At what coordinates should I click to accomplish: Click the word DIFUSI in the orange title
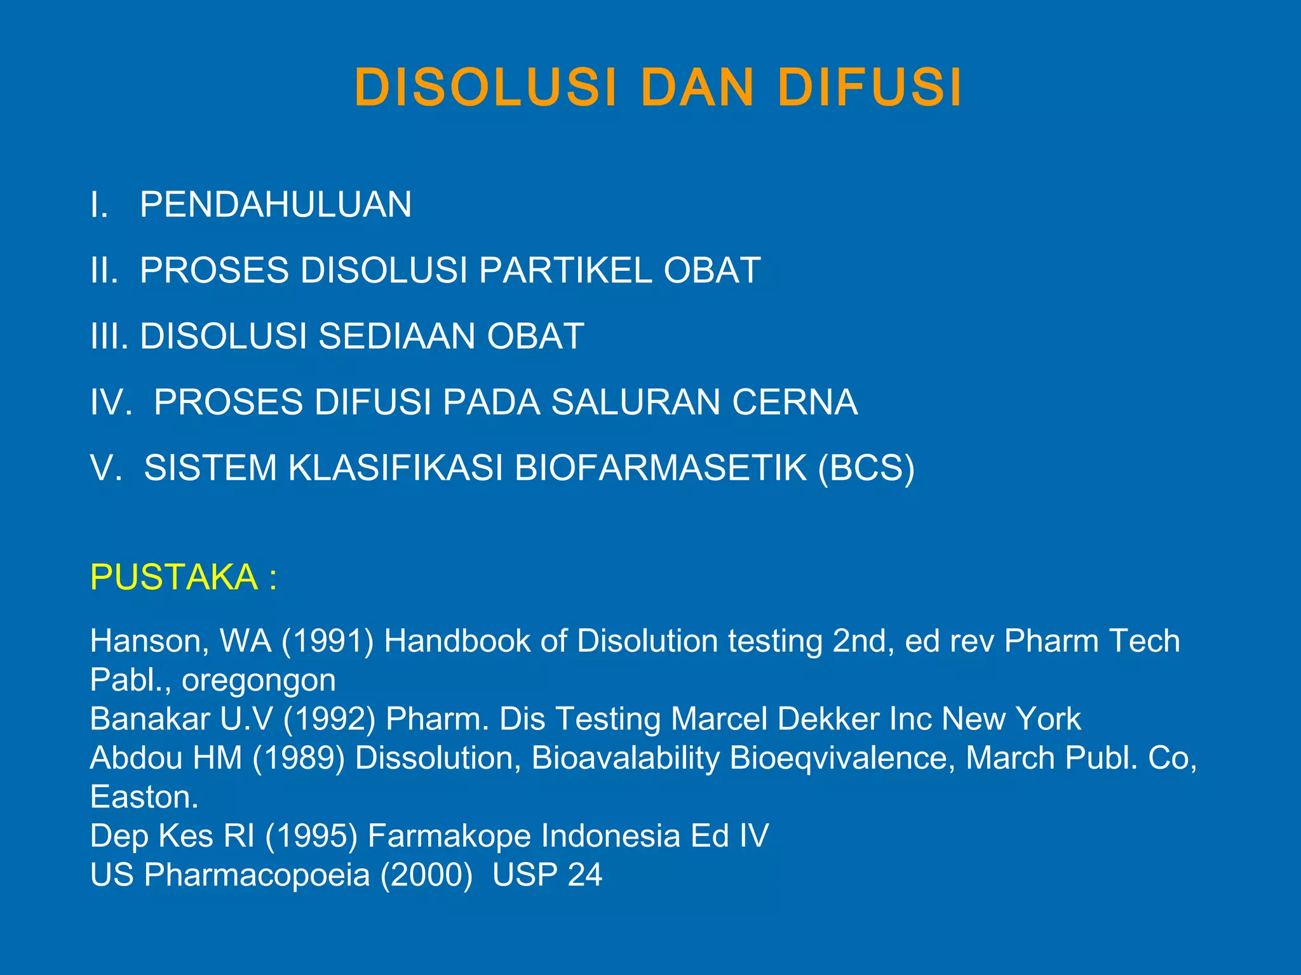click(x=870, y=87)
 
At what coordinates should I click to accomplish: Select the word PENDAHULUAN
click(x=276, y=204)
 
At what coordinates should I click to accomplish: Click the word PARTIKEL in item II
click(x=565, y=270)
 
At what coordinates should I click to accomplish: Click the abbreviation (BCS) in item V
click(x=866, y=468)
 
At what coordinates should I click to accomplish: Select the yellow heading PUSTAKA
click(x=173, y=577)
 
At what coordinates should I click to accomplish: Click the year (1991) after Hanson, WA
click(x=328, y=641)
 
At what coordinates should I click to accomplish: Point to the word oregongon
click(x=259, y=680)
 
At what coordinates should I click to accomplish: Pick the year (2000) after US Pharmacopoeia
click(x=427, y=875)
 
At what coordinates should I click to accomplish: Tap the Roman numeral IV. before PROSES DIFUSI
click(x=111, y=402)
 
